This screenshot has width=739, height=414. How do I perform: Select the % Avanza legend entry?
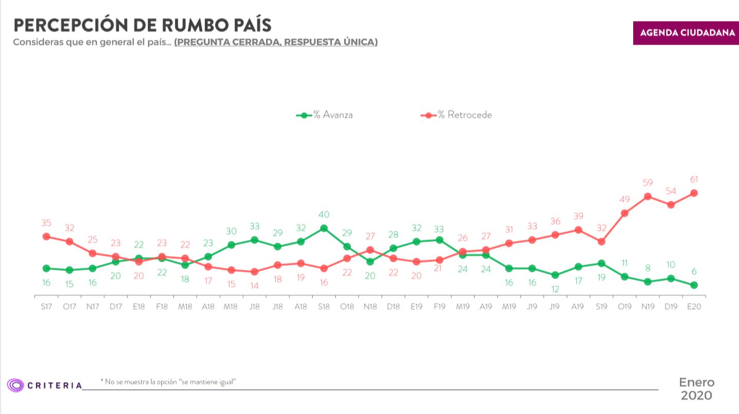point(325,115)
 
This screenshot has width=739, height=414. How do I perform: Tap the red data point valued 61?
point(694,193)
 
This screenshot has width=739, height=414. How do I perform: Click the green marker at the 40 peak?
point(324,228)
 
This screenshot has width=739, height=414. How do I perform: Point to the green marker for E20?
point(694,285)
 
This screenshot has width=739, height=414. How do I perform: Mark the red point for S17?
point(46,236)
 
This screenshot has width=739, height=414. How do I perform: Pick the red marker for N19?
point(648,196)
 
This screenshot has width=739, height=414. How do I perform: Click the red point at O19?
point(624,213)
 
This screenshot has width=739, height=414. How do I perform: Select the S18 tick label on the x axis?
point(324,306)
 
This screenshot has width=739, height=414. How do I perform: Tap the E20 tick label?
point(694,306)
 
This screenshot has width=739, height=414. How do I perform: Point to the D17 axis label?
point(116,306)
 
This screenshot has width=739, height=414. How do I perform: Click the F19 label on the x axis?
point(439,306)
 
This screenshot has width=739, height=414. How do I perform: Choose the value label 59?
point(648,182)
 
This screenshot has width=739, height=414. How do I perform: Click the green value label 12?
point(555,289)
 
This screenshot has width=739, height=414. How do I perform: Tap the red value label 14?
point(254,286)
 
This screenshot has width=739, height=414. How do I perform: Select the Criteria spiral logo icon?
point(15,385)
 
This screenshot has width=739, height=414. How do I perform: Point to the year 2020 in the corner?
point(696,396)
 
